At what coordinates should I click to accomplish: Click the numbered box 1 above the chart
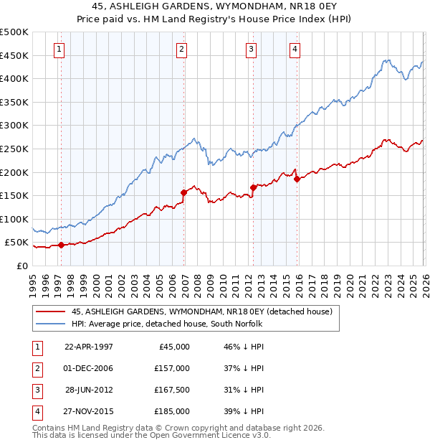tap(58, 49)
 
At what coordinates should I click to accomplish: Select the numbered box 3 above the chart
tap(252, 49)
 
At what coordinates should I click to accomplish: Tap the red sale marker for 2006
tap(183, 192)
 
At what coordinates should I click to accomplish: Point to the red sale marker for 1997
tap(61, 245)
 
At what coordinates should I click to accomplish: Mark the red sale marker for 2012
tap(253, 187)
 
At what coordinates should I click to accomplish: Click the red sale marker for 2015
tap(297, 179)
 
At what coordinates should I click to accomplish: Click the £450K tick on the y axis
tap(14, 55)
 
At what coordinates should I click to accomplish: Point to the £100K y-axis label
tap(14, 219)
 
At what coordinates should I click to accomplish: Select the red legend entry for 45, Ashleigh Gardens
tap(201, 312)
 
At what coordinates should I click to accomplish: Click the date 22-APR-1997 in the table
tap(89, 347)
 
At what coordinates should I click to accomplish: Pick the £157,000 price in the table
tap(171, 368)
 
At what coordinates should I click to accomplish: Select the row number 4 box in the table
tap(37, 412)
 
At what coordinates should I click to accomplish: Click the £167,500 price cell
tap(171, 390)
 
